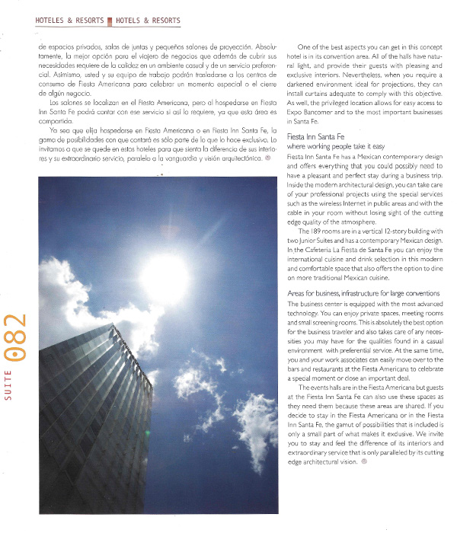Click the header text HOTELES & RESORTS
tap(70, 21)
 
